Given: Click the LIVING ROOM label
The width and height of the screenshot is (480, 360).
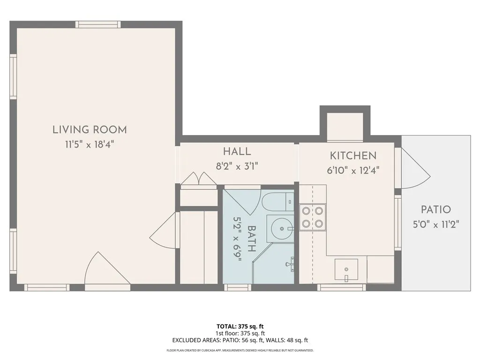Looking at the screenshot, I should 90,130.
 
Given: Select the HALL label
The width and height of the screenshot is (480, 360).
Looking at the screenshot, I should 237,151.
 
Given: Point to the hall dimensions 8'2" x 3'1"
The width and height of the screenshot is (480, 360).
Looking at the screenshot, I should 237,165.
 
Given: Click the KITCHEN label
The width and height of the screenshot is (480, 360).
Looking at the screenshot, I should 353,156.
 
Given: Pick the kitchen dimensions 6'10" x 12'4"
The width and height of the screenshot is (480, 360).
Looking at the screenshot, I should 353,170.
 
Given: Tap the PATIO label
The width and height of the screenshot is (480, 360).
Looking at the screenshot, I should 435,210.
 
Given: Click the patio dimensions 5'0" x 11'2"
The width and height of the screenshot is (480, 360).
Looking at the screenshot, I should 435,225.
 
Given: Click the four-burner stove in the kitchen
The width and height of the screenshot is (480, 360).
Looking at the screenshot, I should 313,217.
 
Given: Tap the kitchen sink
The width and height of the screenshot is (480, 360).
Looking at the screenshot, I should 346,269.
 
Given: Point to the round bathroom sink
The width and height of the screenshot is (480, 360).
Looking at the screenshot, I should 282,229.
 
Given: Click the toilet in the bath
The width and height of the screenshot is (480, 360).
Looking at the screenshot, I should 277,202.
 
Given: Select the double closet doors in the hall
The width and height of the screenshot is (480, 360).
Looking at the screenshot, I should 199,180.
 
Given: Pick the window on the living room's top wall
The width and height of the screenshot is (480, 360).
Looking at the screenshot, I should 98,24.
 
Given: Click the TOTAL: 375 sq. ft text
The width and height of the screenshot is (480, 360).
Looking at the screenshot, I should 240,326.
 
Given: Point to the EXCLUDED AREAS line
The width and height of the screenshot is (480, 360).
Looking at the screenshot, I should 240,340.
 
